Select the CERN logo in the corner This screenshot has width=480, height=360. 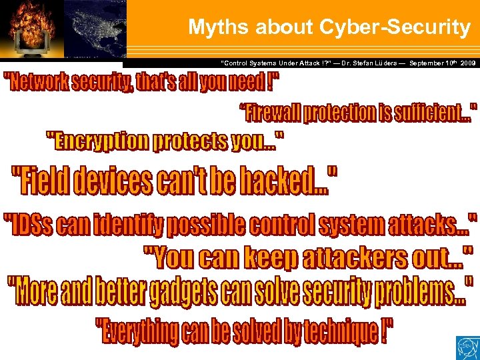point(466,347)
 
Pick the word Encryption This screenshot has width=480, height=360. point(99,141)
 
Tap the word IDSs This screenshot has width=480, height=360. point(33,226)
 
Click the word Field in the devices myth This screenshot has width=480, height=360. point(44,181)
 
